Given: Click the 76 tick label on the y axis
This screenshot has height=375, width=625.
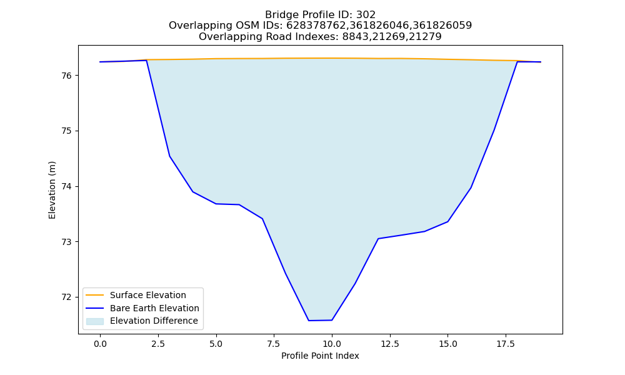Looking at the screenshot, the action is [66, 76].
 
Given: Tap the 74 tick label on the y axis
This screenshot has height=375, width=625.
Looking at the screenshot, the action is [66, 186].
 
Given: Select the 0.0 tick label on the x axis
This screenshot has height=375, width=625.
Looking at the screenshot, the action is [100, 344].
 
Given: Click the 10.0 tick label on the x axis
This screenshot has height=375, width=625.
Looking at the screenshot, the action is [332, 344].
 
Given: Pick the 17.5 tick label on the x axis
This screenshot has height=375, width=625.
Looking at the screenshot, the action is [506, 344].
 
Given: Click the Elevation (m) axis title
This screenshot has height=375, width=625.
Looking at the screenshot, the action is [52, 190].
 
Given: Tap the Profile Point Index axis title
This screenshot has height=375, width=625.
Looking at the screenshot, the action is [320, 356].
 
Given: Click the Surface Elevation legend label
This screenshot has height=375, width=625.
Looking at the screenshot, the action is [148, 295].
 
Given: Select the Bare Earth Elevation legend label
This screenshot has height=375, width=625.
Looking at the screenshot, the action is [154, 308].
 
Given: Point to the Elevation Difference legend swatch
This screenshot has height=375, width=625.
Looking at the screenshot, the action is [95, 321].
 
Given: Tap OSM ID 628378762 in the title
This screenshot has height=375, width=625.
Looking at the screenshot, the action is [314, 26].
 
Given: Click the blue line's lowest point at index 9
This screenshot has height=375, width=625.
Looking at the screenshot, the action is [309, 321].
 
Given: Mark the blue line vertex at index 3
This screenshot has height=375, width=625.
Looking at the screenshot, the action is [169, 156].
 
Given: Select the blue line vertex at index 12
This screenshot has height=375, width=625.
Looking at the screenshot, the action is [378, 239].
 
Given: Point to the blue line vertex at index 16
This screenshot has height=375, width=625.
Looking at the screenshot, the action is [471, 187].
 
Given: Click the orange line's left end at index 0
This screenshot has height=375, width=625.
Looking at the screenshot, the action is [100, 62].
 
